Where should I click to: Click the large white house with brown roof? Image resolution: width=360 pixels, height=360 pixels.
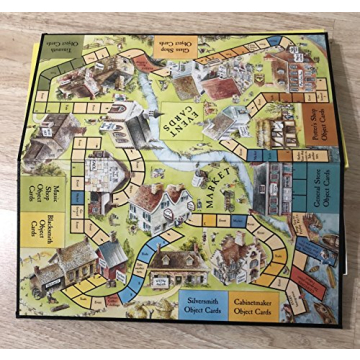(160, 205)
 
